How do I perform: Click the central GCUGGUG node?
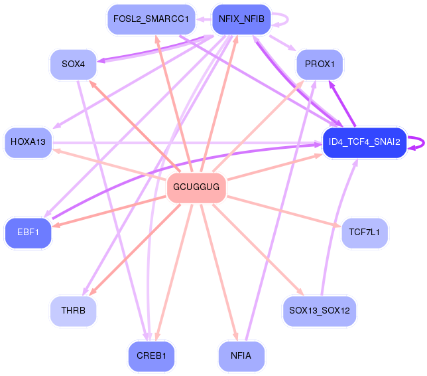point(196,188)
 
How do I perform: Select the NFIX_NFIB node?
point(241,19)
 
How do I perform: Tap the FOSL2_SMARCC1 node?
point(151,19)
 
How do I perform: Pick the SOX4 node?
point(73,64)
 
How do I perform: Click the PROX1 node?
point(320,64)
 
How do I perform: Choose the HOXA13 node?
point(28,142)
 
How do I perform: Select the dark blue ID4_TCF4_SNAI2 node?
point(365,142)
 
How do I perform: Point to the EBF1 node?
point(28,233)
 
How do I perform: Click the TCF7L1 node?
point(365,233)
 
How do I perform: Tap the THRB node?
point(73,311)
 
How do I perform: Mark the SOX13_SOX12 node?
point(320,311)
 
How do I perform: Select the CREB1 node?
point(151,356)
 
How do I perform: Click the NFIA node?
point(241,356)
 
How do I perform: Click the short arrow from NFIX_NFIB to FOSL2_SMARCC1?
point(204,19)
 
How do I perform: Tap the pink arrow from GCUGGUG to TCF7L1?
point(284,211)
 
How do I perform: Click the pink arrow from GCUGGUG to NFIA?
point(219,272)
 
